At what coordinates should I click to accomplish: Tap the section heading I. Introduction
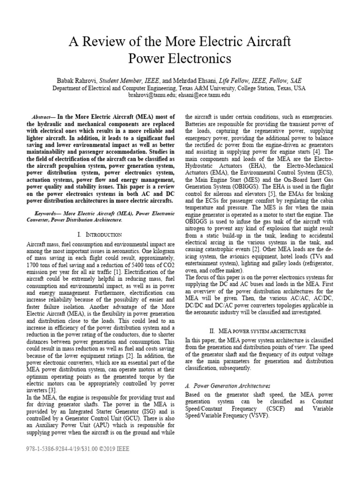pos(99,234)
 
